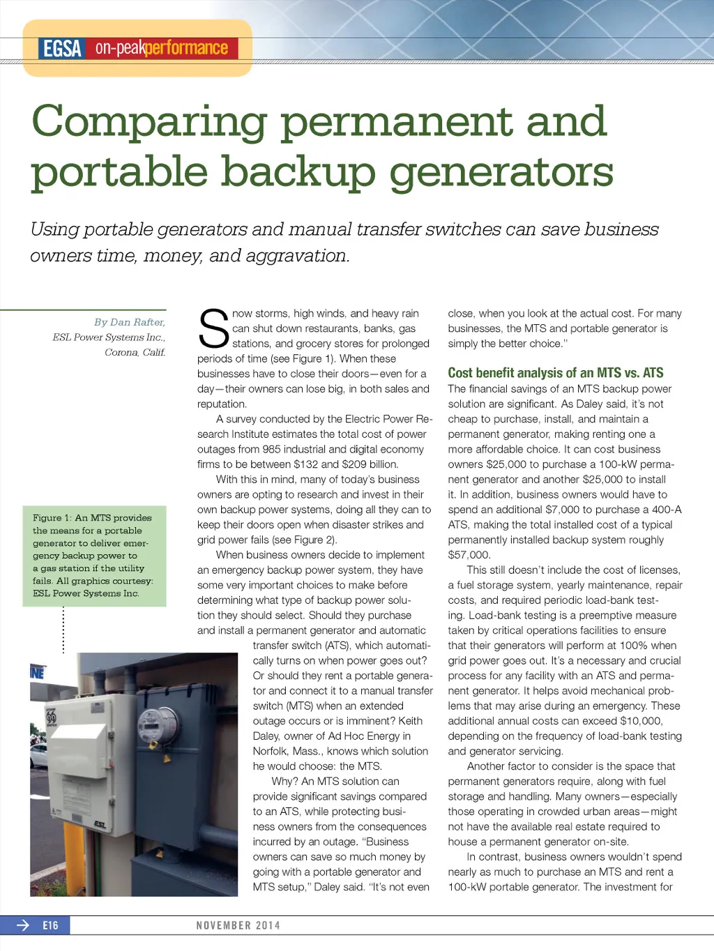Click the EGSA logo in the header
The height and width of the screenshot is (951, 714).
click(62, 49)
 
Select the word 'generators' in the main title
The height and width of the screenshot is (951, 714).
click(501, 173)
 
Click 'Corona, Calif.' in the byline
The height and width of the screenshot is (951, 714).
click(135, 352)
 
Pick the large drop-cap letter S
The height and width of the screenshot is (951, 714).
click(213, 329)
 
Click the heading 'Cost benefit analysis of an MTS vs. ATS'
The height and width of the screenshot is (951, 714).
click(555, 373)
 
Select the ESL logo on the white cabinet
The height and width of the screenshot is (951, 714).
click(100, 825)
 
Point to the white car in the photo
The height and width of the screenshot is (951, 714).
click(38, 756)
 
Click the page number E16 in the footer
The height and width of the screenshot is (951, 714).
click(50, 926)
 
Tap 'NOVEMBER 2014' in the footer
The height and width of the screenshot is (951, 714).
click(238, 926)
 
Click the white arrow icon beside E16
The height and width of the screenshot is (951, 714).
click(23, 926)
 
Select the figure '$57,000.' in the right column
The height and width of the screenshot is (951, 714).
click(469, 555)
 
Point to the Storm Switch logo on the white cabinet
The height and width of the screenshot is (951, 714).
click(51, 717)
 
